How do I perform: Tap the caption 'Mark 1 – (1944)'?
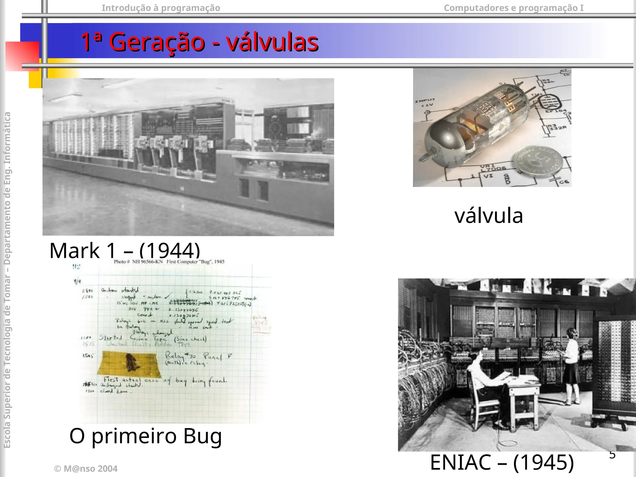pos(125,250)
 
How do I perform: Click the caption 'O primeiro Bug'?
pos(145,436)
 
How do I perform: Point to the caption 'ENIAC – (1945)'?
pos(502,462)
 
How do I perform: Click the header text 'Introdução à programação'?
pos(161,8)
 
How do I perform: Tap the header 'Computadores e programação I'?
pos(513,8)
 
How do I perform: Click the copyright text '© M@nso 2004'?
pos(86,469)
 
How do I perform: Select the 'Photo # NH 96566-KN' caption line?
pos(169,261)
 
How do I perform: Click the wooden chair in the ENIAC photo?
pos(484,404)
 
